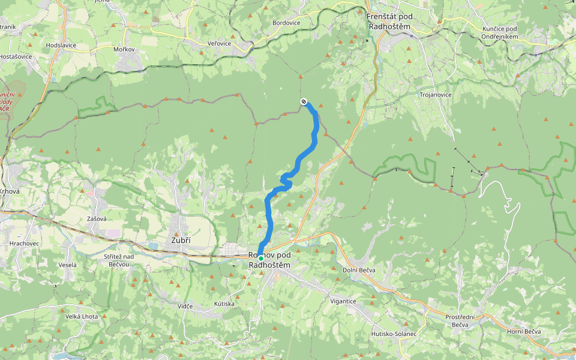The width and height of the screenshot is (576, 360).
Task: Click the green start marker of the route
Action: (x=260, y=259)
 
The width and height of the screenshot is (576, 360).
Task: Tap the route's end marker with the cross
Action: (x=304, y=101)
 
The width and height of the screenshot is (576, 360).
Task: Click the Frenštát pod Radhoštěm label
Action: (x=388, y=21)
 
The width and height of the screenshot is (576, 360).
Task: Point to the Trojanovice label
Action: (x=436, y=95)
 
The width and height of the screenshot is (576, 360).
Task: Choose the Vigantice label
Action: (x=343, y=301)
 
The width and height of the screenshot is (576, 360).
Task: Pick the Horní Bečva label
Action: (x=524, y=331)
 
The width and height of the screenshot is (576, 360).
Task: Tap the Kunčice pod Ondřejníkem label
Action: (x=500, y=32)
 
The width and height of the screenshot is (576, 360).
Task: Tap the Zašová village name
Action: (x=96, y=219)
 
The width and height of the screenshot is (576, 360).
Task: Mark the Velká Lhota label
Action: (x=81, y=316)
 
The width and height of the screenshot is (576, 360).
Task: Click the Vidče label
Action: (x=185, y=306)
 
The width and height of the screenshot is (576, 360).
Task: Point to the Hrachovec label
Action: (x=25, y=244)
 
